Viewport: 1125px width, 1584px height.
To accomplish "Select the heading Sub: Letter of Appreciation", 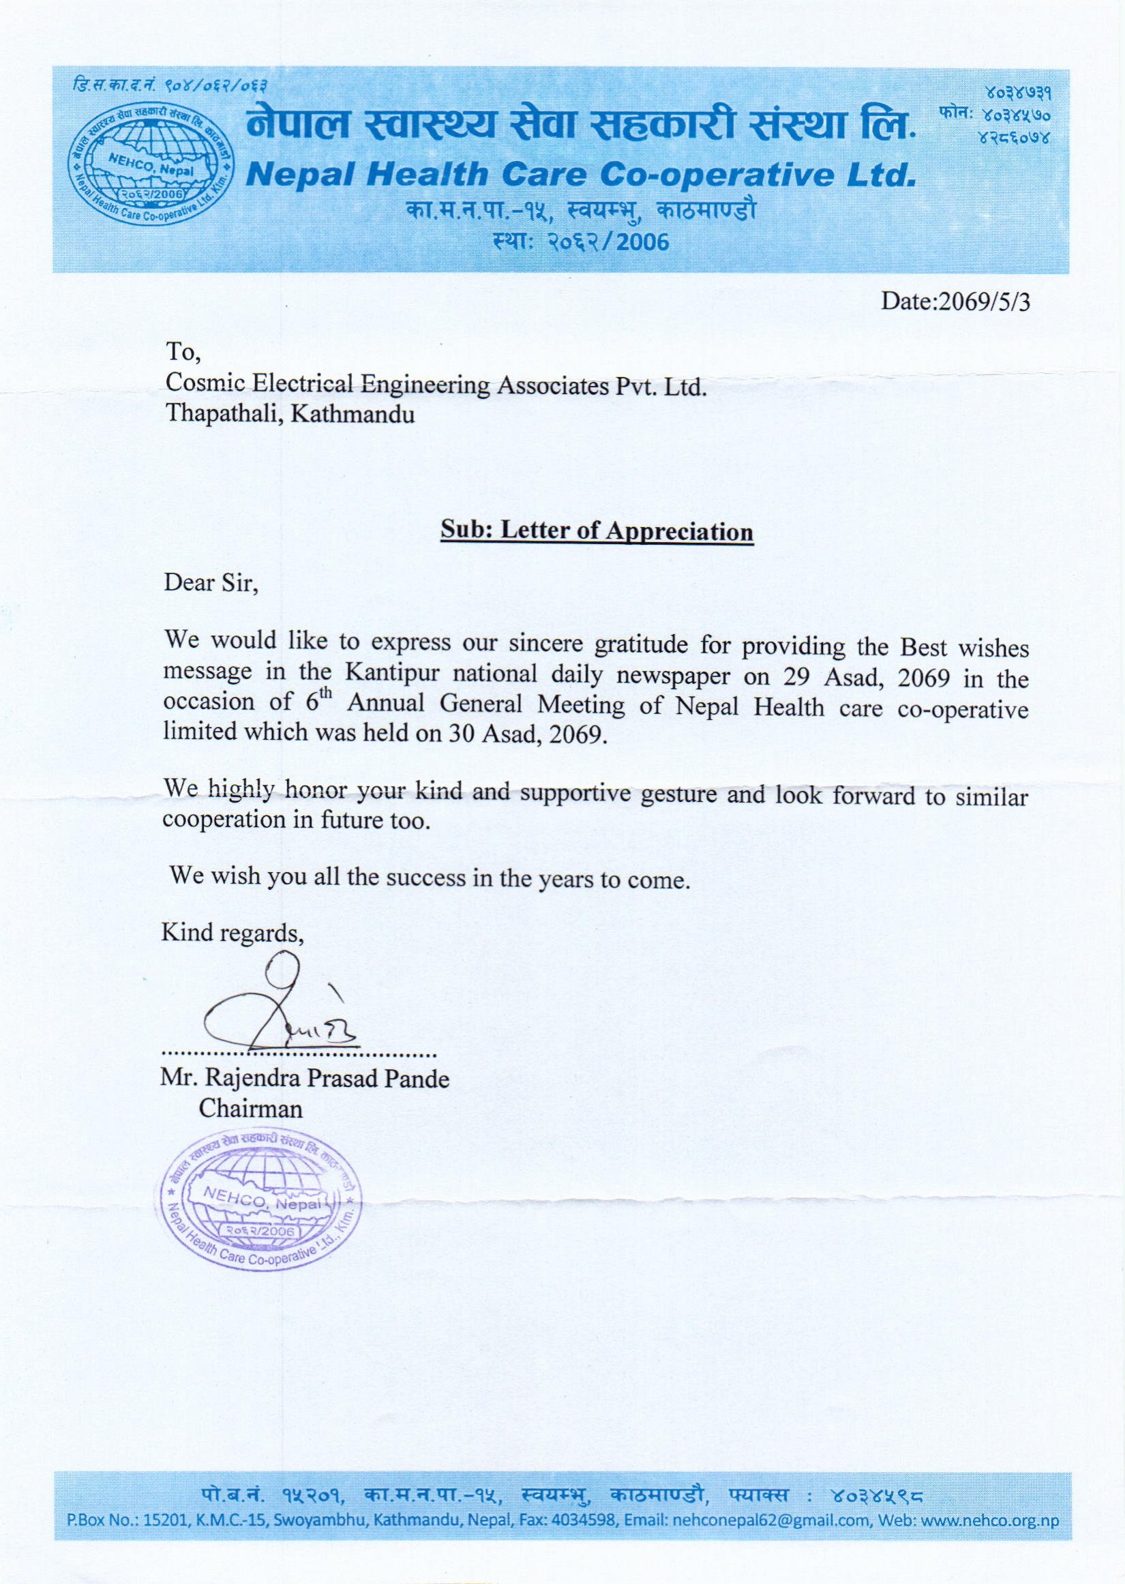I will (597, 532).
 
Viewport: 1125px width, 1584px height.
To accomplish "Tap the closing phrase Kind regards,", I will (232, 933).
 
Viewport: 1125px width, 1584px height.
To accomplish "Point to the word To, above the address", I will (182, 354).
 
